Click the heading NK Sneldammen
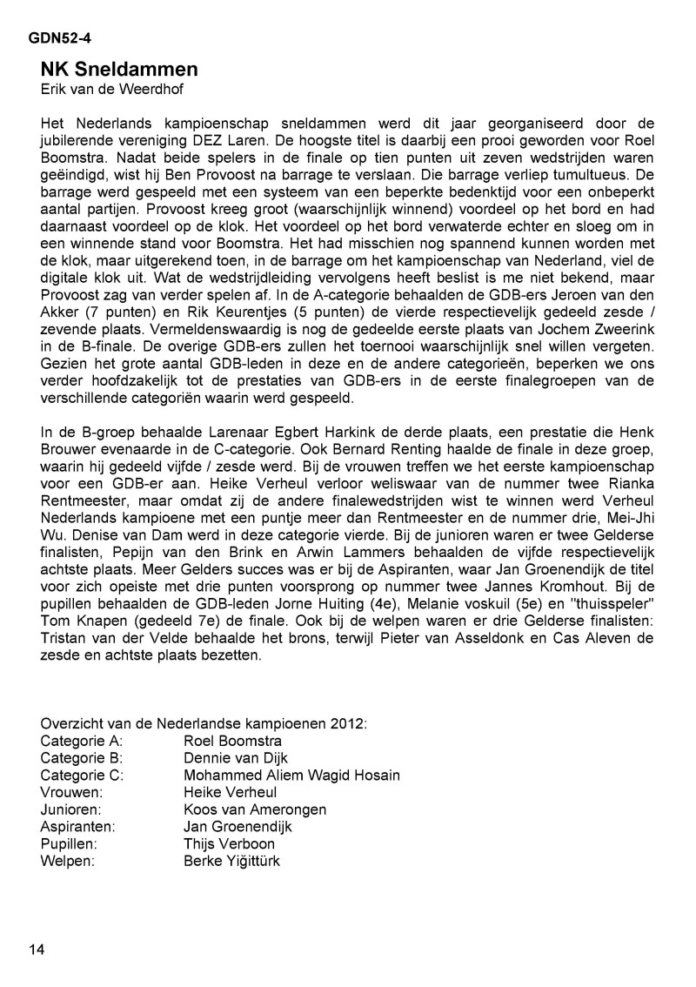[119, 69]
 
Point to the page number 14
[37, 948]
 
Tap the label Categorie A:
[82, 742]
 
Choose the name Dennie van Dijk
[236, 758]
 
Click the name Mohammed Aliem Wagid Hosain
[291, 775]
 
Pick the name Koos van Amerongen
[255, 809]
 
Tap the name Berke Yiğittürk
[232, 862]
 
